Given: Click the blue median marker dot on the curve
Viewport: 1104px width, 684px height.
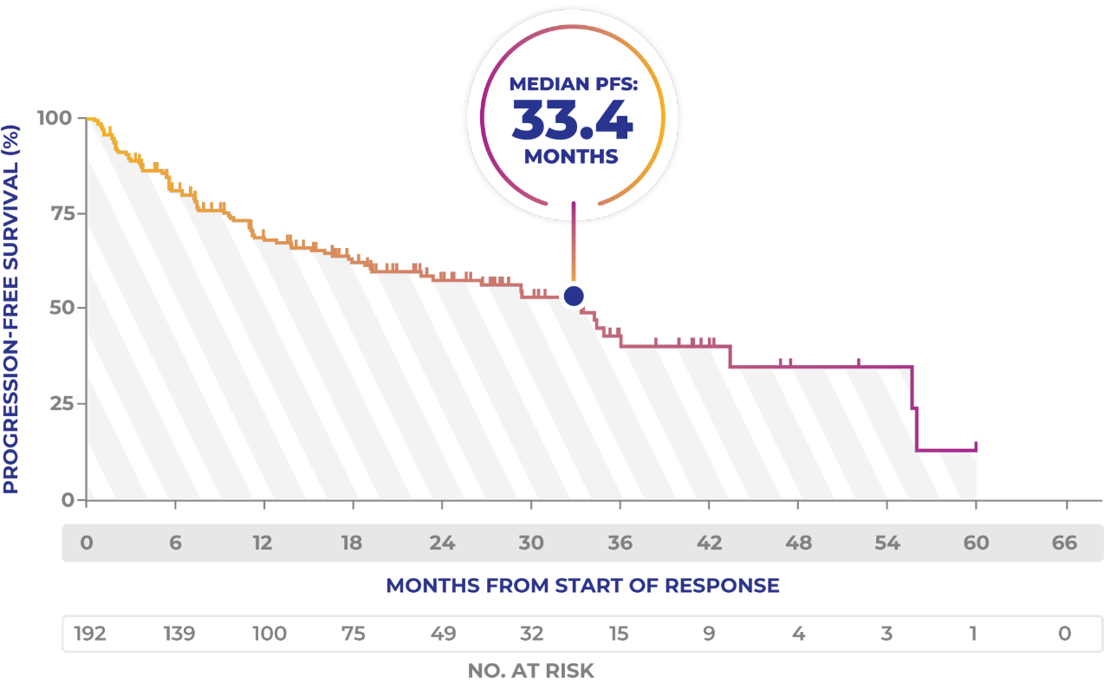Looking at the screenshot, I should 573,296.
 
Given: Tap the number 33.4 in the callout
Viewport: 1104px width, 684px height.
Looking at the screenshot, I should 572,121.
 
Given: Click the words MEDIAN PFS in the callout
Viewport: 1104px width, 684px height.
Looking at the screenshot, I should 572,84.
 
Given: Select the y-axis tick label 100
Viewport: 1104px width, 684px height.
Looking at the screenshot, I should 54,117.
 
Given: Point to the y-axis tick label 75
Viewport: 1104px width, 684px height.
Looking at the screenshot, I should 59,213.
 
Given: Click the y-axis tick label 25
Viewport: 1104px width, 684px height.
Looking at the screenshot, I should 59,403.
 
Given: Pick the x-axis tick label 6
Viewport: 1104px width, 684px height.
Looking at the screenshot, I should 175,544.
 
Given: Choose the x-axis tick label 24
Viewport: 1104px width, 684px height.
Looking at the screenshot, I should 442,544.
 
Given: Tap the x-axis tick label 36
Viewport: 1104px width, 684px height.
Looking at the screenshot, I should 620,544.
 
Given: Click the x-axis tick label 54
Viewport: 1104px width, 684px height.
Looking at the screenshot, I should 886,544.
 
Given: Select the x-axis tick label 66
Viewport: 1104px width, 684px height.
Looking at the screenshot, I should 1064,544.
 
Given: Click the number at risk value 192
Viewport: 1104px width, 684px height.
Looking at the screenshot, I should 90,634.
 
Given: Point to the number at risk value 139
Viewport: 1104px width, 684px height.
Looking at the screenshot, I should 179,634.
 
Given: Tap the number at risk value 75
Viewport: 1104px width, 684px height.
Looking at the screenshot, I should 353,634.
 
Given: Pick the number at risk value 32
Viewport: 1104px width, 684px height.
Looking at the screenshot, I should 531,634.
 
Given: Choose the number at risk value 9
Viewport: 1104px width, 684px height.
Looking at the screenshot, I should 709,634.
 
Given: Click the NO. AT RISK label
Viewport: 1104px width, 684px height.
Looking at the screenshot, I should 530,671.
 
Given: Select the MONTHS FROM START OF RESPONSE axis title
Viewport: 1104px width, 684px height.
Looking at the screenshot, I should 582,586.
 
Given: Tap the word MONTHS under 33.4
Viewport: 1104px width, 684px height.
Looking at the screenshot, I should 571,157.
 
